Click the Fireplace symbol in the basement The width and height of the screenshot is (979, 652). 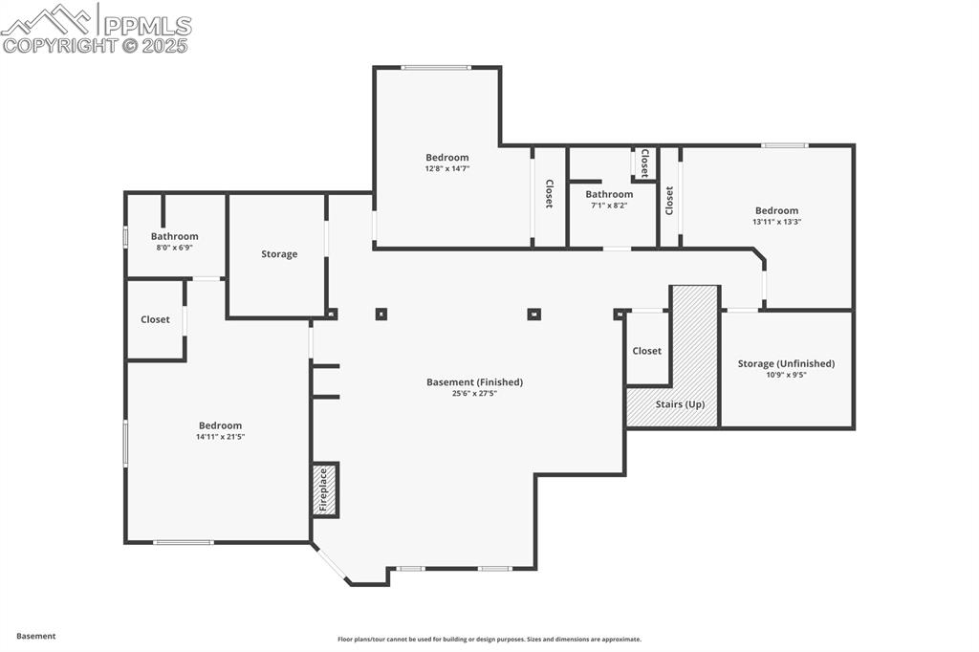325,489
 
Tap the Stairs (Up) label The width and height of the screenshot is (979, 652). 680,404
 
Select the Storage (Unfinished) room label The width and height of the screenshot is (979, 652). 786,363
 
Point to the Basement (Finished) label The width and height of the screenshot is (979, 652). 474,382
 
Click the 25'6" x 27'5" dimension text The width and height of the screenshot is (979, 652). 474,394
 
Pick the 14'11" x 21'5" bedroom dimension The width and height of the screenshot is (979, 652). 220,437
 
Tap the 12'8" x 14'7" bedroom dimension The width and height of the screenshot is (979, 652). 447,168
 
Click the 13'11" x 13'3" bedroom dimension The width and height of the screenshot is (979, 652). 776,222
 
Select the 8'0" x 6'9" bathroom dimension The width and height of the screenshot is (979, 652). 174,248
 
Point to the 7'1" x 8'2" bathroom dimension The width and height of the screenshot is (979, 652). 609,205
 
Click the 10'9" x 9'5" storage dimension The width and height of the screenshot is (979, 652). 786,375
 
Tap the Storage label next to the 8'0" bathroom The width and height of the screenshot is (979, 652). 279,254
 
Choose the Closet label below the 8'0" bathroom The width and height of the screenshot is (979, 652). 155,319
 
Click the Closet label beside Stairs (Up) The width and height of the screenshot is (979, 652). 646,351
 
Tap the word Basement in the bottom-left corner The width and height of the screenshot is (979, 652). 36,636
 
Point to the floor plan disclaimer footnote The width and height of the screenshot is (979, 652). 489,640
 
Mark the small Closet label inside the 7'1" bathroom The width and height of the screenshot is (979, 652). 644,163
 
